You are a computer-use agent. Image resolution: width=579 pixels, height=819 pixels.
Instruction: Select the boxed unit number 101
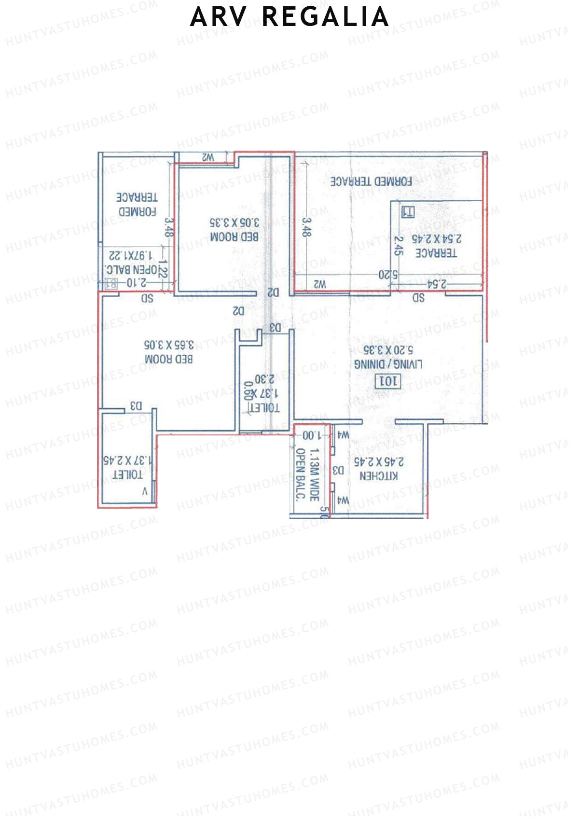388,381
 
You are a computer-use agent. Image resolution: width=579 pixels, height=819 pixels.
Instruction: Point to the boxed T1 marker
408,212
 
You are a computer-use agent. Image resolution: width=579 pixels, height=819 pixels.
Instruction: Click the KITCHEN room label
379,476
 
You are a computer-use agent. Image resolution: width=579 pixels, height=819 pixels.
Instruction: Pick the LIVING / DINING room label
388,364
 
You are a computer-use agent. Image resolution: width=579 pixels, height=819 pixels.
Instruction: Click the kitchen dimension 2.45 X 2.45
379,462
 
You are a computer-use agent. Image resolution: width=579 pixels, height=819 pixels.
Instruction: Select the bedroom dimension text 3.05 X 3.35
234,222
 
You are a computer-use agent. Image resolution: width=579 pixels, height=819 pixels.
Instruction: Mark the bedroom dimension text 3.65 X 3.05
169,345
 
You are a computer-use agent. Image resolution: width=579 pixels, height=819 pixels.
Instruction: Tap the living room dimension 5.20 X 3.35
388,350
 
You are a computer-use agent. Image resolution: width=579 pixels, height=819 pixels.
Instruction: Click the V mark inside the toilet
145,492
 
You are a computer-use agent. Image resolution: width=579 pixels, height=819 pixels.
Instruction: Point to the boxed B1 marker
111,285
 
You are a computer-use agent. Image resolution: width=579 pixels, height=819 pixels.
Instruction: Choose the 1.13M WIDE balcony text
314,475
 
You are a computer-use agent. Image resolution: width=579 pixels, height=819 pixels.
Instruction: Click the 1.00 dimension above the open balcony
312,435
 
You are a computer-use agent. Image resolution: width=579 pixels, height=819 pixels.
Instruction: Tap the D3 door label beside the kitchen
338,470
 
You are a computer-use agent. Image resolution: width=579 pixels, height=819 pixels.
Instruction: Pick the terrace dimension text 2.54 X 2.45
436,239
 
